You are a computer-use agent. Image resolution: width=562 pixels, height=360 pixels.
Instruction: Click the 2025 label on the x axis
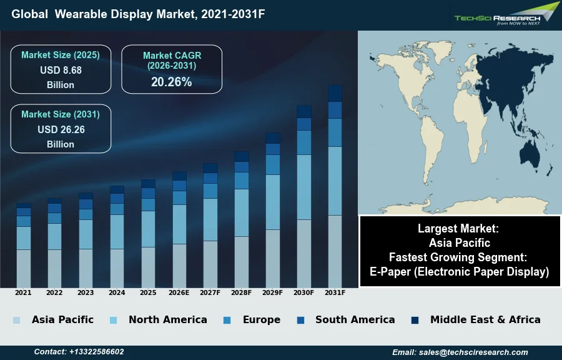tap(148, 292)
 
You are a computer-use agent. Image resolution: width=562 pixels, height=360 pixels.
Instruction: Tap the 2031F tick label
tap(335, 292)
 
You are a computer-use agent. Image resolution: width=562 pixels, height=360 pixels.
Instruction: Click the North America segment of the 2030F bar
tap(304, 187)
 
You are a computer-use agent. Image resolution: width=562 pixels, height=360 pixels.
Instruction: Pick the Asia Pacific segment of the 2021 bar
tap(24, 269)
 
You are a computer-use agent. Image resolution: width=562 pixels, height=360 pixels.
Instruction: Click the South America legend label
tap(355, 319)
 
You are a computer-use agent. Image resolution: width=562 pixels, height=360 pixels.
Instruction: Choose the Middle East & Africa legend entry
tap(485, 319)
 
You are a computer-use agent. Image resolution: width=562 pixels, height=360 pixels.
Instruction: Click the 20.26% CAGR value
tap(171, 82)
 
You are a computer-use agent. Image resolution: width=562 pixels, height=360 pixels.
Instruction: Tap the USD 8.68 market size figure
tap(61, 70)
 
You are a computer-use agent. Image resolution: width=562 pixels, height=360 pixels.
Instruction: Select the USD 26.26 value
tap(61, 129)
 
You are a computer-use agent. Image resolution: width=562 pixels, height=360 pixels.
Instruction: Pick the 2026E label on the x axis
tap(179, 292)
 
